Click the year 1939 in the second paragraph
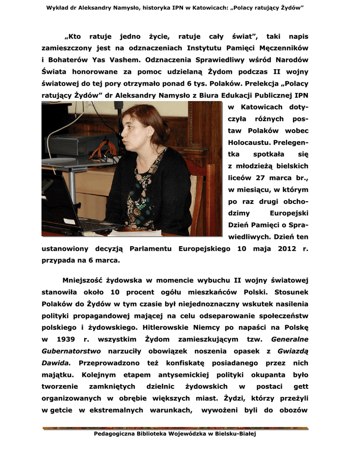click(66, 339)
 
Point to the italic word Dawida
click(56, 363)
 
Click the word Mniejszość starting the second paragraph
click(85, 280)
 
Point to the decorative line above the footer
click(175, 428)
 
